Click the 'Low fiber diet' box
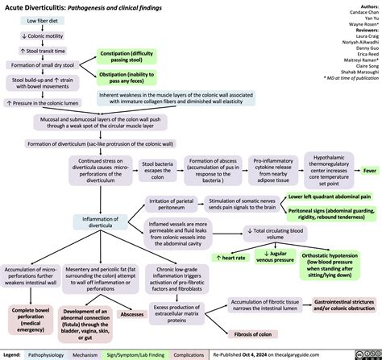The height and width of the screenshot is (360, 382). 37,21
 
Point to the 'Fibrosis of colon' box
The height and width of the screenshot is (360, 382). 251,333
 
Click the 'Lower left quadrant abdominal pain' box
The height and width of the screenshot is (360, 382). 329,196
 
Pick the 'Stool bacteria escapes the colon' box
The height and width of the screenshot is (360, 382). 157,171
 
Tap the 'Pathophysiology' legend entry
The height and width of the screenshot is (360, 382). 47,354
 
